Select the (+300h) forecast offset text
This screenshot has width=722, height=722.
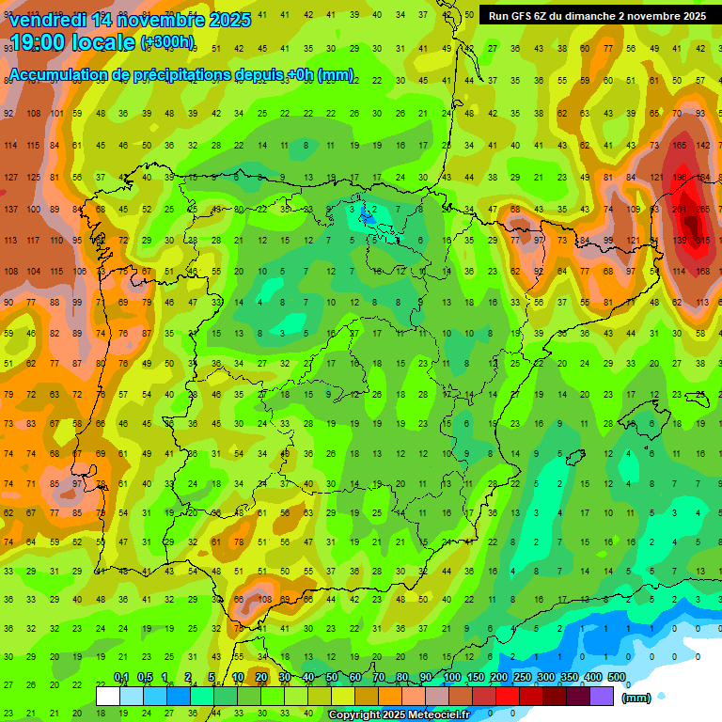pyautogui.click(x=167, y=42)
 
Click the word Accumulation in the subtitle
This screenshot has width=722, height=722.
pyautogui.click(x=57, y=75)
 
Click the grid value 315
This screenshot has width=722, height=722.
pyautogui.click(x=702, y=241)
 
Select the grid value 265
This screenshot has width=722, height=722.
pyautogui.click(x=702, y=209)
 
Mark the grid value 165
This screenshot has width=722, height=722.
pyautogui.click(x=680, y=145)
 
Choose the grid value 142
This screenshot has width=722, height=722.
pyautogui.click(x=702, y=145)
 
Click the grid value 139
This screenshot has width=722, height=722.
pyautogui.click(x=680, y=241)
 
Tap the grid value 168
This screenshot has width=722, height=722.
pyautogui.click(x=702, y=272)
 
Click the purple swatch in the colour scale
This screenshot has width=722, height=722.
pyautogui.click(x=603, y=697)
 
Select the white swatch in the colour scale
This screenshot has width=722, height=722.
pyautogui.click(x=108, y=697)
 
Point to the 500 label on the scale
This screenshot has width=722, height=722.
pyautogui.click(x=616, y=677)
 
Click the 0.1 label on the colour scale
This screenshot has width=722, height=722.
pyautogui.click(x=121, y=677)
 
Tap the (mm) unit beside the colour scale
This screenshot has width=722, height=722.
pyautogui.click(x=637, y=698)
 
